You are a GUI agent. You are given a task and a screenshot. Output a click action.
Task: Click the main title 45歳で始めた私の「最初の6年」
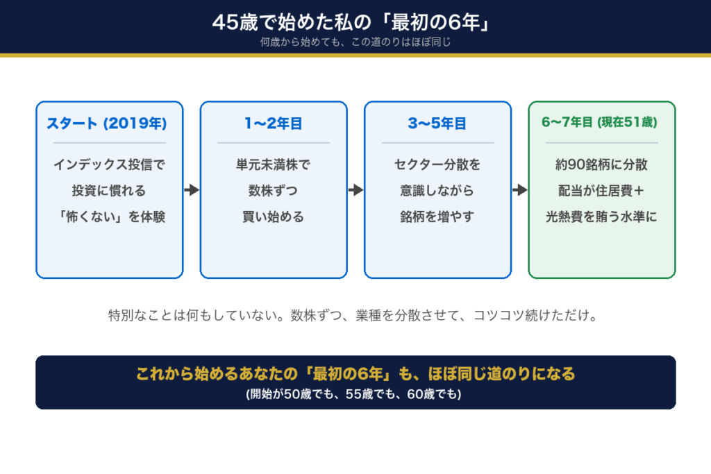351,22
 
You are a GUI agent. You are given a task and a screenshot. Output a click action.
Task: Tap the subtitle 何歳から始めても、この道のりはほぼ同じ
355,42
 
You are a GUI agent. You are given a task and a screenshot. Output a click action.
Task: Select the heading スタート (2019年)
107,124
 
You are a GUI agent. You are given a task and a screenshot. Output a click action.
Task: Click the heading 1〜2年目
274,124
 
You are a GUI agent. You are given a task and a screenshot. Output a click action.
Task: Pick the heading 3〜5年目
437,124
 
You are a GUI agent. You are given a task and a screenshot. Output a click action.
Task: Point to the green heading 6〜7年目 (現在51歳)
599,122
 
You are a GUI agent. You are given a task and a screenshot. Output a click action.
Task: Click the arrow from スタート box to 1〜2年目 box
192,190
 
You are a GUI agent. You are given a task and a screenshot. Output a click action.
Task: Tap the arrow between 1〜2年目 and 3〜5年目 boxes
356,190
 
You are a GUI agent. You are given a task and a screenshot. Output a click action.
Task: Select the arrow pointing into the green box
520,190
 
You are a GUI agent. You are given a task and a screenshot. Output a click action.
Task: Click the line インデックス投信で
109,164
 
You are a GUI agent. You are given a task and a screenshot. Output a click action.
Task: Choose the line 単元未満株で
273,164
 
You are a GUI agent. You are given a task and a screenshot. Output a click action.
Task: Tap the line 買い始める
273,217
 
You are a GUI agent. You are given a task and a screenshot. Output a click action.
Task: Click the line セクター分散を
437,164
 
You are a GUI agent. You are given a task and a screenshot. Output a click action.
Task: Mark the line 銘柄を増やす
437,217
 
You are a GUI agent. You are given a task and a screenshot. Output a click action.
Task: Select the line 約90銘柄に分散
601,164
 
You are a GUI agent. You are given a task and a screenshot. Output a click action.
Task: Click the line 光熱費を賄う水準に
601,217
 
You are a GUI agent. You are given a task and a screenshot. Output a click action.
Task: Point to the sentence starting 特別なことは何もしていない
353,315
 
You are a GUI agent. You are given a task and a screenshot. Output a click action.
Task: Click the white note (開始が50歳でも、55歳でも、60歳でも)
353,394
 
